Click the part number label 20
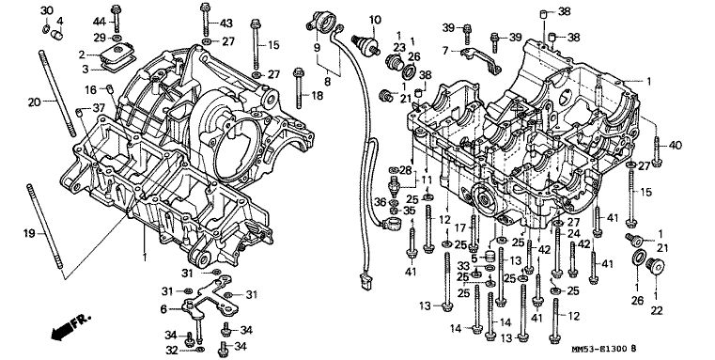[x=34, y=102]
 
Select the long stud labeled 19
[x=45, y=227]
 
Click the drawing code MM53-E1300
[x=599, y=350]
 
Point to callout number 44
[x=100, y=21]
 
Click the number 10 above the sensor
[x=375, y=20]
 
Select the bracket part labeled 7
[x=481, y=60]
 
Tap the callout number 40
[x=675, y=146]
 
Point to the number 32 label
[x=171, y=351]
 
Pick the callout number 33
[x=463, y=266]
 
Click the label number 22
[x=656, y=311]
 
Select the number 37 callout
[x=99, y=108]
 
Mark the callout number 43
[x=226, y=23]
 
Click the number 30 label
[x=47, y=10]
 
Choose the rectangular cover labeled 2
[x=116, y=54]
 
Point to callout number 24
[x=573, y=234]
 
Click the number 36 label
[x=381, y=201]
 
